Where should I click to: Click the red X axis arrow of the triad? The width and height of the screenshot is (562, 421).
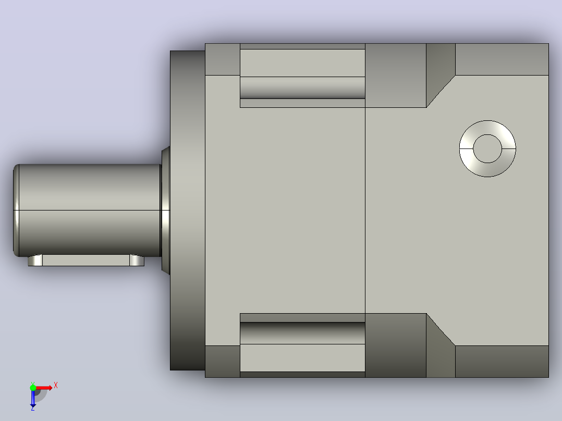(x=44, y=388)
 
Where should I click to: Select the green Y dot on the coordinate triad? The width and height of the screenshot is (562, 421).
(x=33, y=387)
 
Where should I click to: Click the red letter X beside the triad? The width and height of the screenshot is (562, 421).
(x=56, y=386)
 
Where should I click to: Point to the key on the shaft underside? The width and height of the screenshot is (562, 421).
(x=86, y=260)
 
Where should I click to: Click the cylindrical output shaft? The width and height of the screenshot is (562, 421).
(x=88, y=210)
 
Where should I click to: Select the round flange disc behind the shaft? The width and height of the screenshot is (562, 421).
(x=188, y=210)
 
